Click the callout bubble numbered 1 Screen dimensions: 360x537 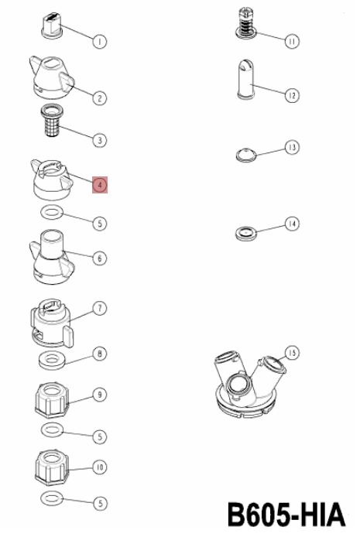(x=100, y=42)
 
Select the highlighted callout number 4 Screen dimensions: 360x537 (x=100, y=185)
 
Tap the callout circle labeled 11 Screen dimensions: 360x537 (x=292, y=42)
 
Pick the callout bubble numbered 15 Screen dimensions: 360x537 (x=292, y=353)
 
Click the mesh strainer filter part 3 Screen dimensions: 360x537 (x=52, y=120)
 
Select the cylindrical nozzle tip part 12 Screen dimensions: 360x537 (x=246, y=80)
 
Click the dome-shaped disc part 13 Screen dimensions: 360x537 (x=246, y=155)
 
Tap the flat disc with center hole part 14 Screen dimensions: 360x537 (x=245, y=234)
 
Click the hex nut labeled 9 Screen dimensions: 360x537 (x=52, y=400)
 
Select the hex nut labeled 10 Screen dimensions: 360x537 (x=52, y=468)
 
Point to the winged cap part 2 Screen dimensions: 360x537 (x=51, y=77)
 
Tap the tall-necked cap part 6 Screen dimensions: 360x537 (x=51, y=257)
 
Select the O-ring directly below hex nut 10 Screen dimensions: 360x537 (x=52, y=498)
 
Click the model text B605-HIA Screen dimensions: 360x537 (x=286, y=515)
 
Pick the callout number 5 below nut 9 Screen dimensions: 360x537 (x=100, y=436)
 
